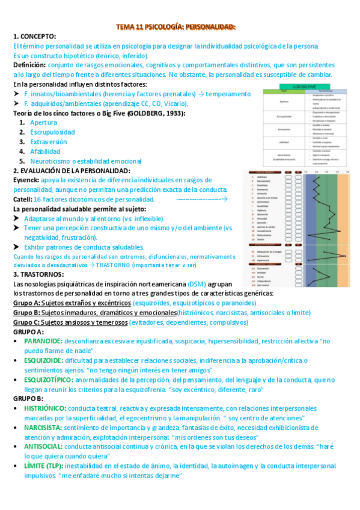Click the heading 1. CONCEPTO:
[34, 37]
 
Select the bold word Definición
[29, 65]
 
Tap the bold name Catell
[23, 199]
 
